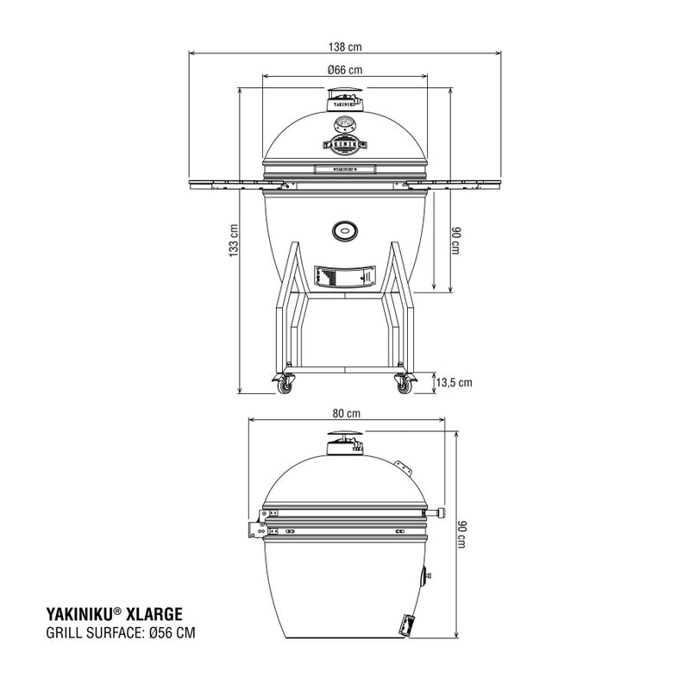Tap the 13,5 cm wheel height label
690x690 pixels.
coord(454,382)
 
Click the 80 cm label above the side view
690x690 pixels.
coord(345,412)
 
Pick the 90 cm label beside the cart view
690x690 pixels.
coord(459,240)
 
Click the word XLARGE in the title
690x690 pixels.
coord(152,613)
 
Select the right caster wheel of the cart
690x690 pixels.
coord(404,386)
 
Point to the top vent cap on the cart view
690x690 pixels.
coord(344,103)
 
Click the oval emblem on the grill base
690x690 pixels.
coord(344,229)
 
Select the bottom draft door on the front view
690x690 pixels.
coord(344,276)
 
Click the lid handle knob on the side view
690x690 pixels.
coord(442,513)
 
